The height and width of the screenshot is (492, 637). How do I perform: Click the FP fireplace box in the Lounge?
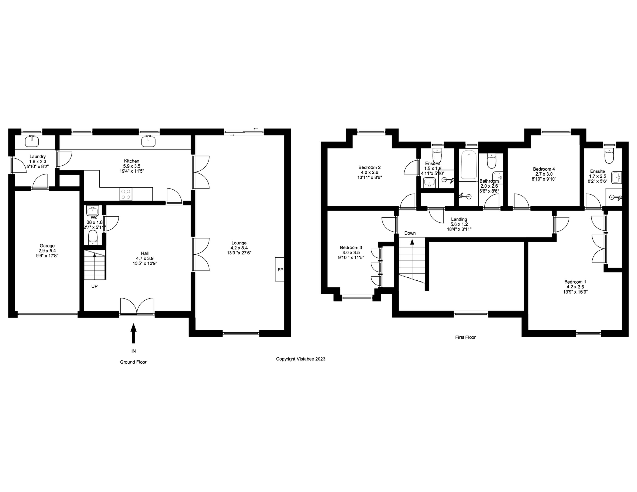279,269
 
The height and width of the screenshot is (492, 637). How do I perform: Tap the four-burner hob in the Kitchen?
126,194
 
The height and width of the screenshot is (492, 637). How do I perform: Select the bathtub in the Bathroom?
469,165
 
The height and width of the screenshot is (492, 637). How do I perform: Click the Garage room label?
47,246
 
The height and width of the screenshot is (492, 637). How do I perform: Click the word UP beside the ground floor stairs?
94,286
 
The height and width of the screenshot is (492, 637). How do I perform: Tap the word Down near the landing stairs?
410,233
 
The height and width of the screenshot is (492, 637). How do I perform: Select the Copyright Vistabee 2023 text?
300,359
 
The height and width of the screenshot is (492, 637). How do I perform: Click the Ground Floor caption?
133,362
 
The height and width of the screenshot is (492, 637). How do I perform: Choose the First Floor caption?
465,337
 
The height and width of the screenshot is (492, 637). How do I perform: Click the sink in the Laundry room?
32,141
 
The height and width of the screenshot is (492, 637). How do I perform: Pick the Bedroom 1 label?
575,282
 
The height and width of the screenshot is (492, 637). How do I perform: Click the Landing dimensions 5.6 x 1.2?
459,224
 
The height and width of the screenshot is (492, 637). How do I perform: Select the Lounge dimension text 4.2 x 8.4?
239,248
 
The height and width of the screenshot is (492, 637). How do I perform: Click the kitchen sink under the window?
148,141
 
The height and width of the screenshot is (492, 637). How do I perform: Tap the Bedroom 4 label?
544,169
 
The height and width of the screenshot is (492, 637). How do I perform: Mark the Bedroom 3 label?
351,247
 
